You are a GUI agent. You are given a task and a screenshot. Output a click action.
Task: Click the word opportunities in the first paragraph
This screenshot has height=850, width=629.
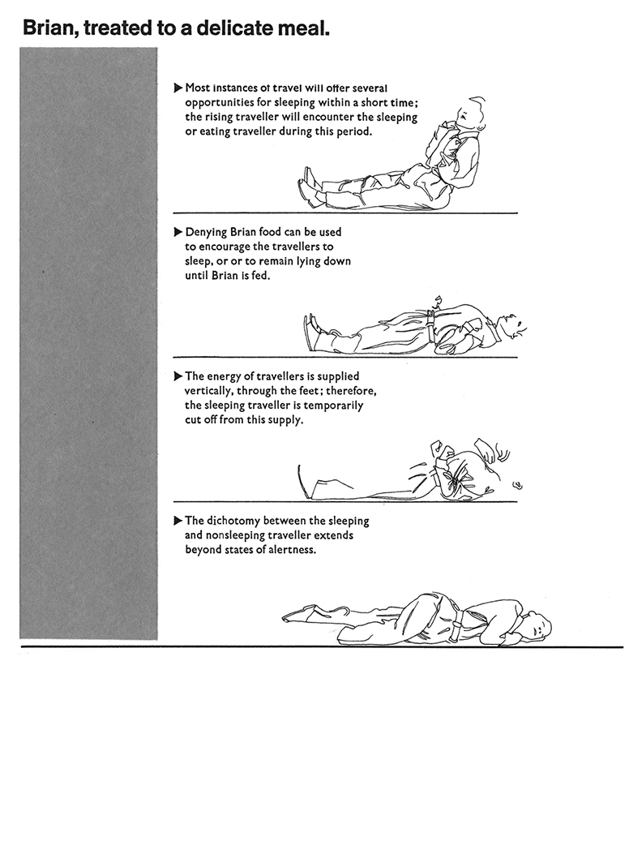tap(220, 102)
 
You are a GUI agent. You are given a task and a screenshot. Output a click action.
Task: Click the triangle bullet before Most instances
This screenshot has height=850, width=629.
tap(178, 88)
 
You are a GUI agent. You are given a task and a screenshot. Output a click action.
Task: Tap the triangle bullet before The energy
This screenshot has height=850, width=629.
tap(178, 377)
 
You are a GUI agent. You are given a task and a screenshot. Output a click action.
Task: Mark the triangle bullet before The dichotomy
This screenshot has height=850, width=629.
tap(178, 522)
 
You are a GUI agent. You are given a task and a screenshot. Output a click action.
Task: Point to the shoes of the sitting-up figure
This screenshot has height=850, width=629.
tap(309, 187)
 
